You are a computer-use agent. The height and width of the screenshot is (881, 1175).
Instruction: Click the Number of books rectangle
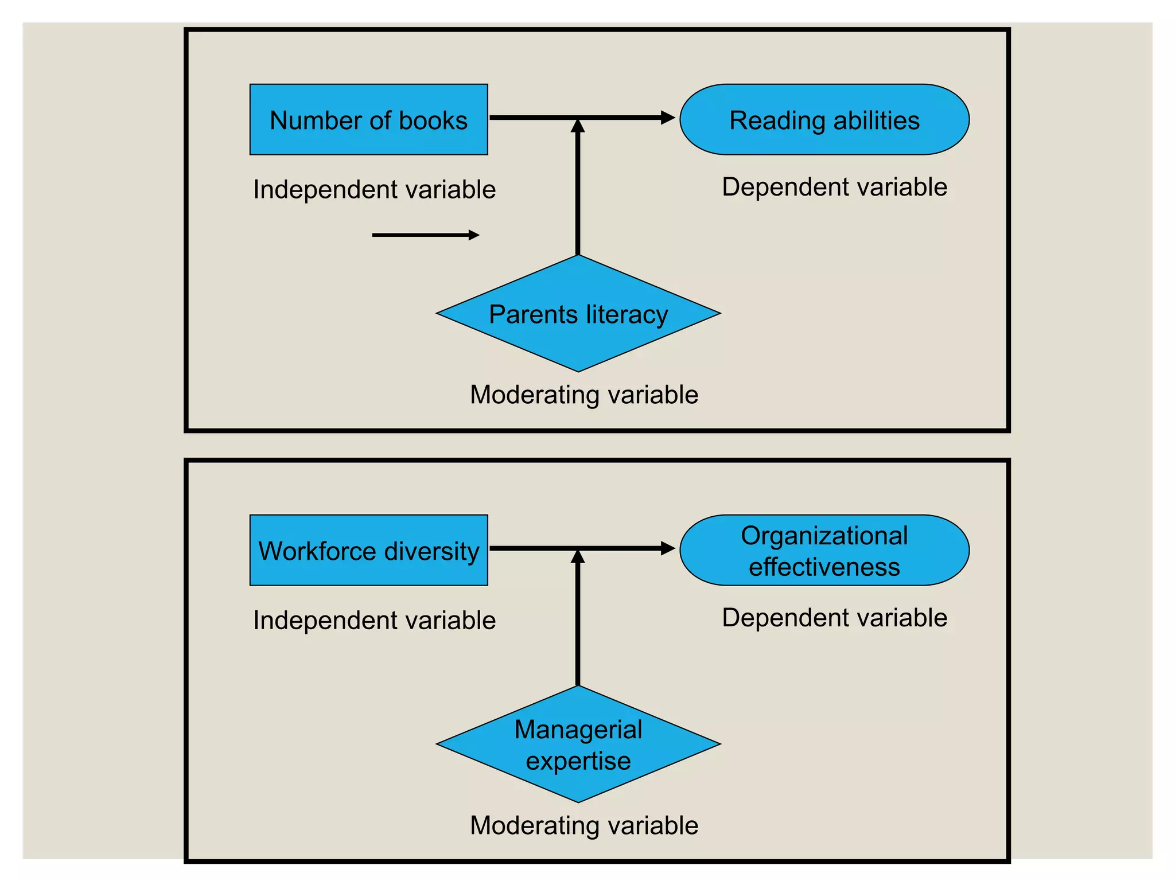tap(368, 120)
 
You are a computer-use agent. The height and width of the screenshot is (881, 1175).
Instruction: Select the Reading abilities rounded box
tap(824, 120)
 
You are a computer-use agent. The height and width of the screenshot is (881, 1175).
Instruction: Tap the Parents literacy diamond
tap(578, 314)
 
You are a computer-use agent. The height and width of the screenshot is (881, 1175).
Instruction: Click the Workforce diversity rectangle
tap(368, 551)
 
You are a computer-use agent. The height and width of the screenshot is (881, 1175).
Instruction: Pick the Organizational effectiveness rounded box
tap(824, 551)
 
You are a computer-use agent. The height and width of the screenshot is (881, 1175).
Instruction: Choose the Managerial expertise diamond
tap(578, 744)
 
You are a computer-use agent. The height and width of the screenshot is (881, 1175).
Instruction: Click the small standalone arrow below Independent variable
tap(425, 235)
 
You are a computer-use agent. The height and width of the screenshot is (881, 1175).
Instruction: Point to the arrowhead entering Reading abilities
tap(667, 118)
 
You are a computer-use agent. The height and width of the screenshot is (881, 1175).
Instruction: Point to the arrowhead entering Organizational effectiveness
tap(667, 548)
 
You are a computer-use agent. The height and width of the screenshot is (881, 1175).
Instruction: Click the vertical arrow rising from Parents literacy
tap(578, 189)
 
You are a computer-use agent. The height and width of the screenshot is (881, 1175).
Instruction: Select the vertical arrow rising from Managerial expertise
tap(578, 619)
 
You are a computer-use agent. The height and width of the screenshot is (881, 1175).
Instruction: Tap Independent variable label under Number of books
tap(374, 190)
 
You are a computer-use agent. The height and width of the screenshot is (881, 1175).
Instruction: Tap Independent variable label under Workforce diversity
tap(374, 621)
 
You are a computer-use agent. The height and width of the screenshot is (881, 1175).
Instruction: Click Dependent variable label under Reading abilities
tap(834, 188)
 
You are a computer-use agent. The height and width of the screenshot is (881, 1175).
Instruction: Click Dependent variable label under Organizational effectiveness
tap(834, 618)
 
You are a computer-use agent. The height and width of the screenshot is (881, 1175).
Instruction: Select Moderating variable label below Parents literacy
tap(584, 395)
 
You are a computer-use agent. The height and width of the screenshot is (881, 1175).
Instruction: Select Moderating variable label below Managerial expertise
tap(584, 826)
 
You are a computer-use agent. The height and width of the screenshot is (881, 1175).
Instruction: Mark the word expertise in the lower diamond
tap(578, 761)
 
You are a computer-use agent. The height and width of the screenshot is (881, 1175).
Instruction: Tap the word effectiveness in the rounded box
tap(824, 567)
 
